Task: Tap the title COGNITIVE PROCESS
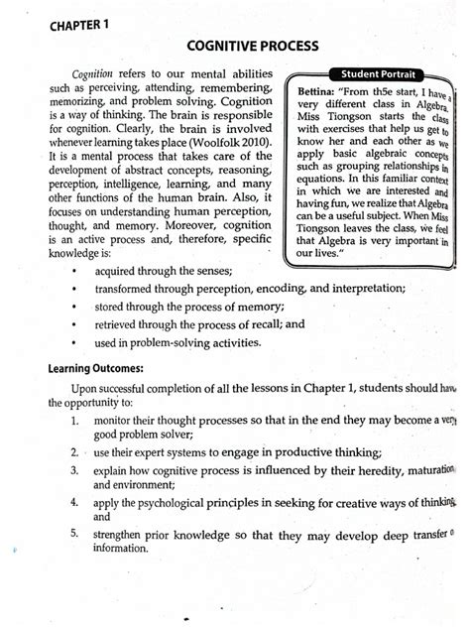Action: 251,48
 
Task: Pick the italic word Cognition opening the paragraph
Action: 95,74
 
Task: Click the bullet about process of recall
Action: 198,323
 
